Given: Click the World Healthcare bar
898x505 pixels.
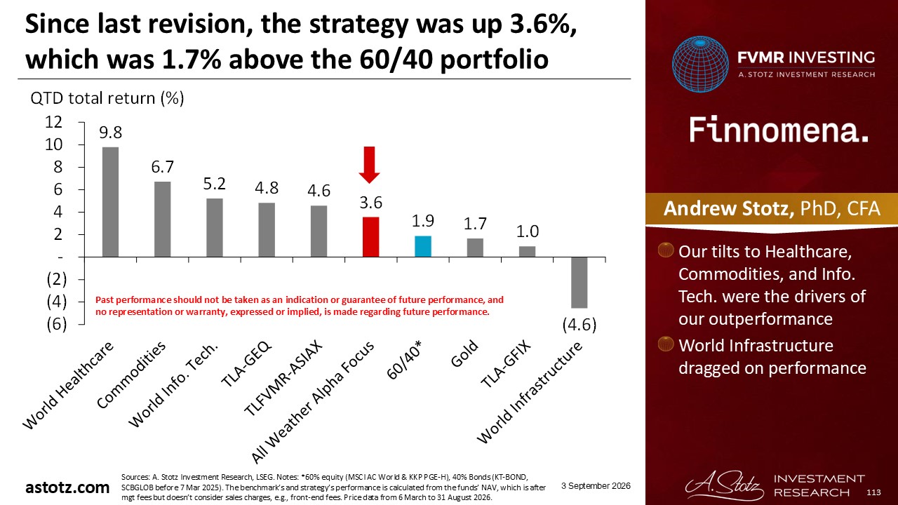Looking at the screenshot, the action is pyautogui.click(x=110, y=202).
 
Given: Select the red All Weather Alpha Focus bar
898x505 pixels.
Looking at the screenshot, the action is pyautogui.click(x=371, y=237).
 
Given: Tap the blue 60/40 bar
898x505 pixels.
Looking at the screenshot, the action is pyautogui.click(x=423, y=246).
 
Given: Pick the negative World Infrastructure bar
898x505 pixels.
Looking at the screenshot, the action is pyautogui.click(x=579, y=283).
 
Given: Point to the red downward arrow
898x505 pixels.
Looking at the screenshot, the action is pyautogui.click(x=369, y=165).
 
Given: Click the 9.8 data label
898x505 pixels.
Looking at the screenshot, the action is pyautogui.click(x=110, y=133).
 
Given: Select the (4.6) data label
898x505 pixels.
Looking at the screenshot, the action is pyautogui.click(x=579, y=325).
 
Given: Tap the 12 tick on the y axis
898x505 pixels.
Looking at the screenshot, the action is pyautogui.click(x=54, y=122).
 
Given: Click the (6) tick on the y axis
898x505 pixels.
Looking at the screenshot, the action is pyautogui.click(x=57, y=324).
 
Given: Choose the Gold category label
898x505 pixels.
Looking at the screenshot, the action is pyautogui.click(x=464, y=353).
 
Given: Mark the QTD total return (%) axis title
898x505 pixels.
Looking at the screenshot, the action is pyautogui.click(x=107, y=98).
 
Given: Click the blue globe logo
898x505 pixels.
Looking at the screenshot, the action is pyautogui.click(x=700, y=64).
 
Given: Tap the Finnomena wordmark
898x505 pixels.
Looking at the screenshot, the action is pyautogui.click(x=779, y=130).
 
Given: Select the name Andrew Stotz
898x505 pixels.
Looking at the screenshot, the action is pyautogui.click(x=729, y=208).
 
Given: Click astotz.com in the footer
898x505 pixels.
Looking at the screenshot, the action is pyautogui.click(x=67, y=487).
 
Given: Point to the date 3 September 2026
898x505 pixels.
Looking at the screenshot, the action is pyautogui.click(x=596, y=486).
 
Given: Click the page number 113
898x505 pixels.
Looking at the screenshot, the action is pyautogui.click(x=873, y=492).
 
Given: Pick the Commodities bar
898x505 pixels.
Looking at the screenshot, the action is pyautogui.click(x=162, y=220).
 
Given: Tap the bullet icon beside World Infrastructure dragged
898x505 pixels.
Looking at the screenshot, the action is pyautogui.click(x=666, y=344).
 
